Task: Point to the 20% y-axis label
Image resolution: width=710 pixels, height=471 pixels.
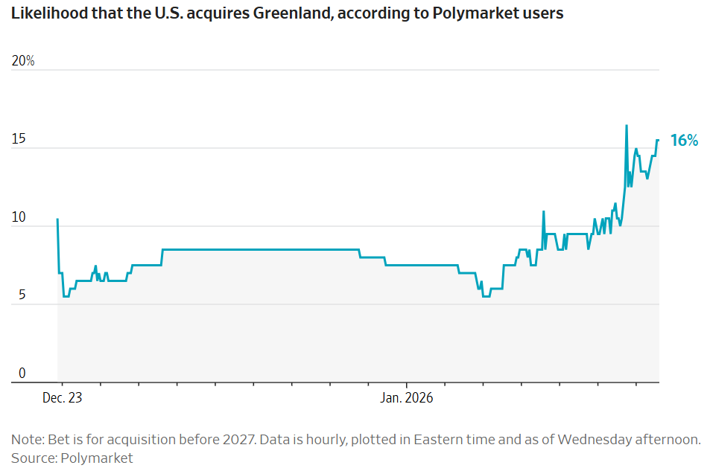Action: click(24, 61)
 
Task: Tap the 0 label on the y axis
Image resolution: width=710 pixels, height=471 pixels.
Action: click(22, 374)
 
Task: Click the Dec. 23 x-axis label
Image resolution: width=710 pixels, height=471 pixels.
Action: click(63, 398)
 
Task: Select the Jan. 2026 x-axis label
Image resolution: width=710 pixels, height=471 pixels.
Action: click(407, 398)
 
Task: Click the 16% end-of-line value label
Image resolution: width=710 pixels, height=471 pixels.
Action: click(684, 140)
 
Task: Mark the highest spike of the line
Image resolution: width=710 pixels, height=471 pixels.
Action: click(627, 126)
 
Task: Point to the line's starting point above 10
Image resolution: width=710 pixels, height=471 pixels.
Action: click(57, 219)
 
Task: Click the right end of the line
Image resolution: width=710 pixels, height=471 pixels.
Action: click(658, 140)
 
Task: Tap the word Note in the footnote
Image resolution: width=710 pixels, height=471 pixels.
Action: click(26, 439)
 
